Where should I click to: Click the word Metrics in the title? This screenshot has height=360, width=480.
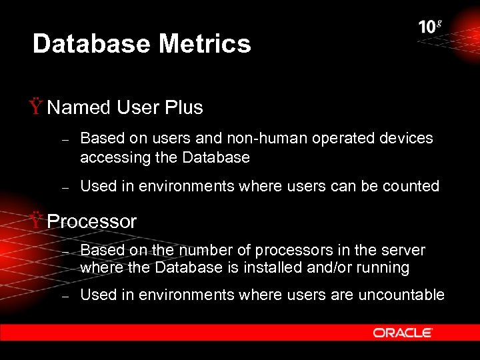[205, 44]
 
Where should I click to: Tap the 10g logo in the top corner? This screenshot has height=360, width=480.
[430, 27]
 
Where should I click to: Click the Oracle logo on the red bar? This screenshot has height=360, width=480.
[403, 333]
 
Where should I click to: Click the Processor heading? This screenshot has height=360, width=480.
[92, 221]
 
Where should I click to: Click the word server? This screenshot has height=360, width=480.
[403, 251]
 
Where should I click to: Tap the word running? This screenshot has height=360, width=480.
[383, 268]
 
